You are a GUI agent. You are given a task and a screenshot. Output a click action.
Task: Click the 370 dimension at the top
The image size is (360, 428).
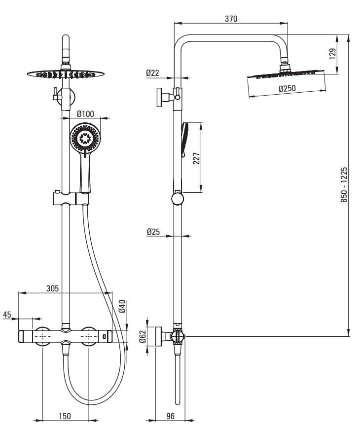(231, 19)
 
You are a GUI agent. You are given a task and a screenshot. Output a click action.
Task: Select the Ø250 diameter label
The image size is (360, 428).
(287, 89)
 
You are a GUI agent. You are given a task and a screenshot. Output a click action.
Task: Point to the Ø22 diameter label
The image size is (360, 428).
(152, 73)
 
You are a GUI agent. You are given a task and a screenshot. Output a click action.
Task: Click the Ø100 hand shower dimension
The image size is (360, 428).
(85, 113)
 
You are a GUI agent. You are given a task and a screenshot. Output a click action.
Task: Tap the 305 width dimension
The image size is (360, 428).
(52, 288)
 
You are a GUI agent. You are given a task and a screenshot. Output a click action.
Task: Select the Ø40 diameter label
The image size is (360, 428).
(122, 307)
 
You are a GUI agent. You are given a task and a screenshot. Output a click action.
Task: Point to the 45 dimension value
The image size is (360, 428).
(7, 315)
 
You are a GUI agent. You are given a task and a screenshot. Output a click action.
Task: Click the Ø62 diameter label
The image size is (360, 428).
(142, 336)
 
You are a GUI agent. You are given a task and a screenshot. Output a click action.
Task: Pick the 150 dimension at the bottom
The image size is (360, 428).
(65, 417)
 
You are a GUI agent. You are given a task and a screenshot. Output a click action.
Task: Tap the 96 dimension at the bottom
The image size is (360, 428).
(170, 417)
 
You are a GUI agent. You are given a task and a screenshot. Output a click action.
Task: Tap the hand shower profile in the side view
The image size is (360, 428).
(184, 140)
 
